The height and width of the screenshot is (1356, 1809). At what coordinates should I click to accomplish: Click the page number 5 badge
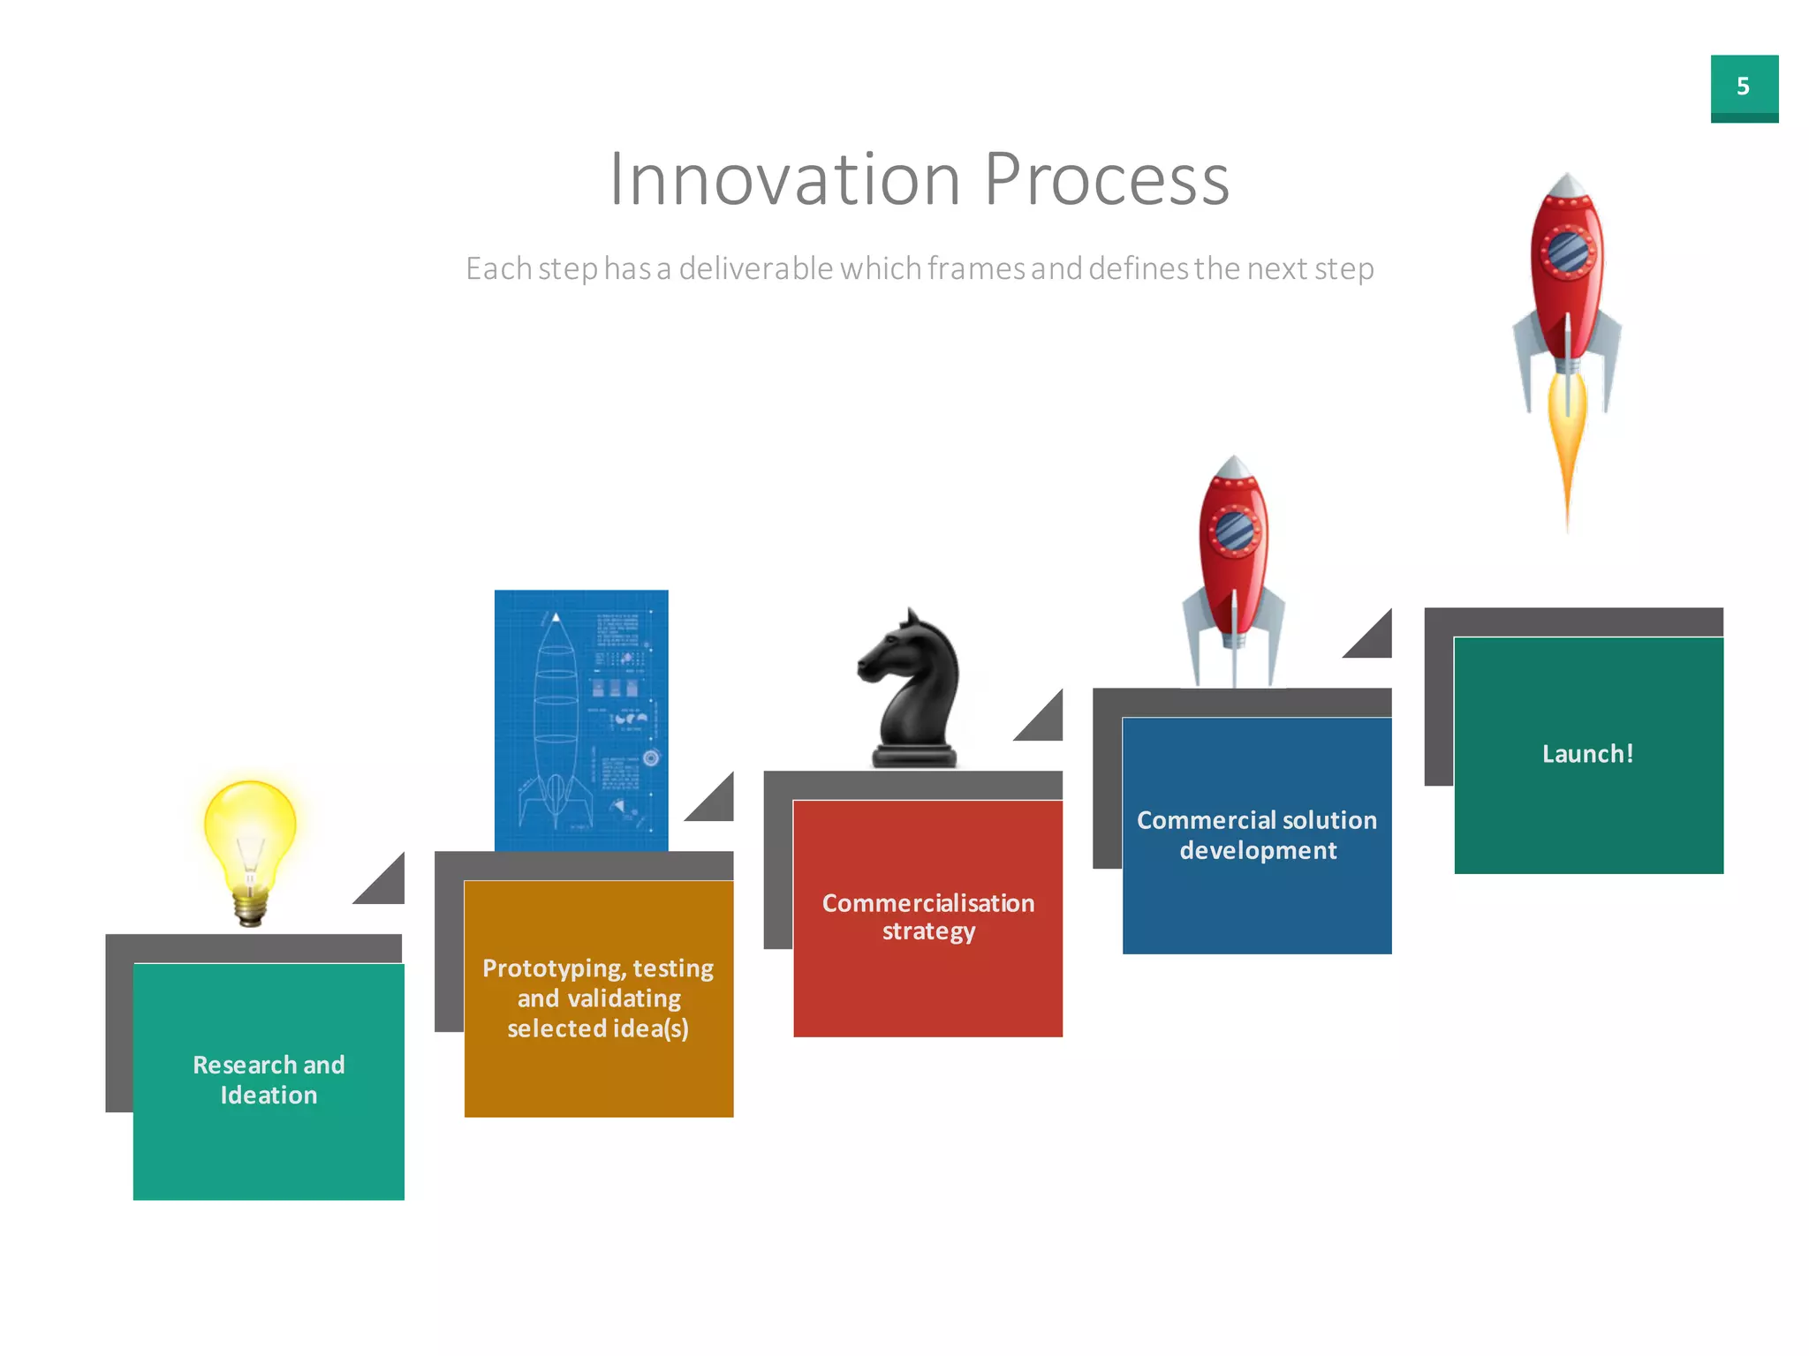coord(1744,87)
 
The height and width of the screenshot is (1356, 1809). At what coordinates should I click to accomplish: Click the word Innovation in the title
coord(784,180)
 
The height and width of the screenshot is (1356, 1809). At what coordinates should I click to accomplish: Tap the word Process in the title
coord(1106,180)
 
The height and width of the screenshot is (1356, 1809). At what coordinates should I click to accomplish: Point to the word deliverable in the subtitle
coord(755,268)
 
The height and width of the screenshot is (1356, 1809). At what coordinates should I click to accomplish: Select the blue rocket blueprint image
coord(581,720)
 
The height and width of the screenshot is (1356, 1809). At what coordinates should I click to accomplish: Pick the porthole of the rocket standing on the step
coord(1234,531)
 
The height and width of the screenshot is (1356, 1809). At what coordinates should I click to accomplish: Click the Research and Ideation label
coord(269,1080)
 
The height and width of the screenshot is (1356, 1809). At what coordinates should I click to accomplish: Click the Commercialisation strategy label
coord(927,916)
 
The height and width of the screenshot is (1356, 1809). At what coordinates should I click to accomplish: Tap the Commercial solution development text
coord(1257,835)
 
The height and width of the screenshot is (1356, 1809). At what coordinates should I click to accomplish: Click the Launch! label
coord(1587,754)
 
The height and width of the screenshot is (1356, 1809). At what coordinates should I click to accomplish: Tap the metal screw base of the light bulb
coord(250,909)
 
